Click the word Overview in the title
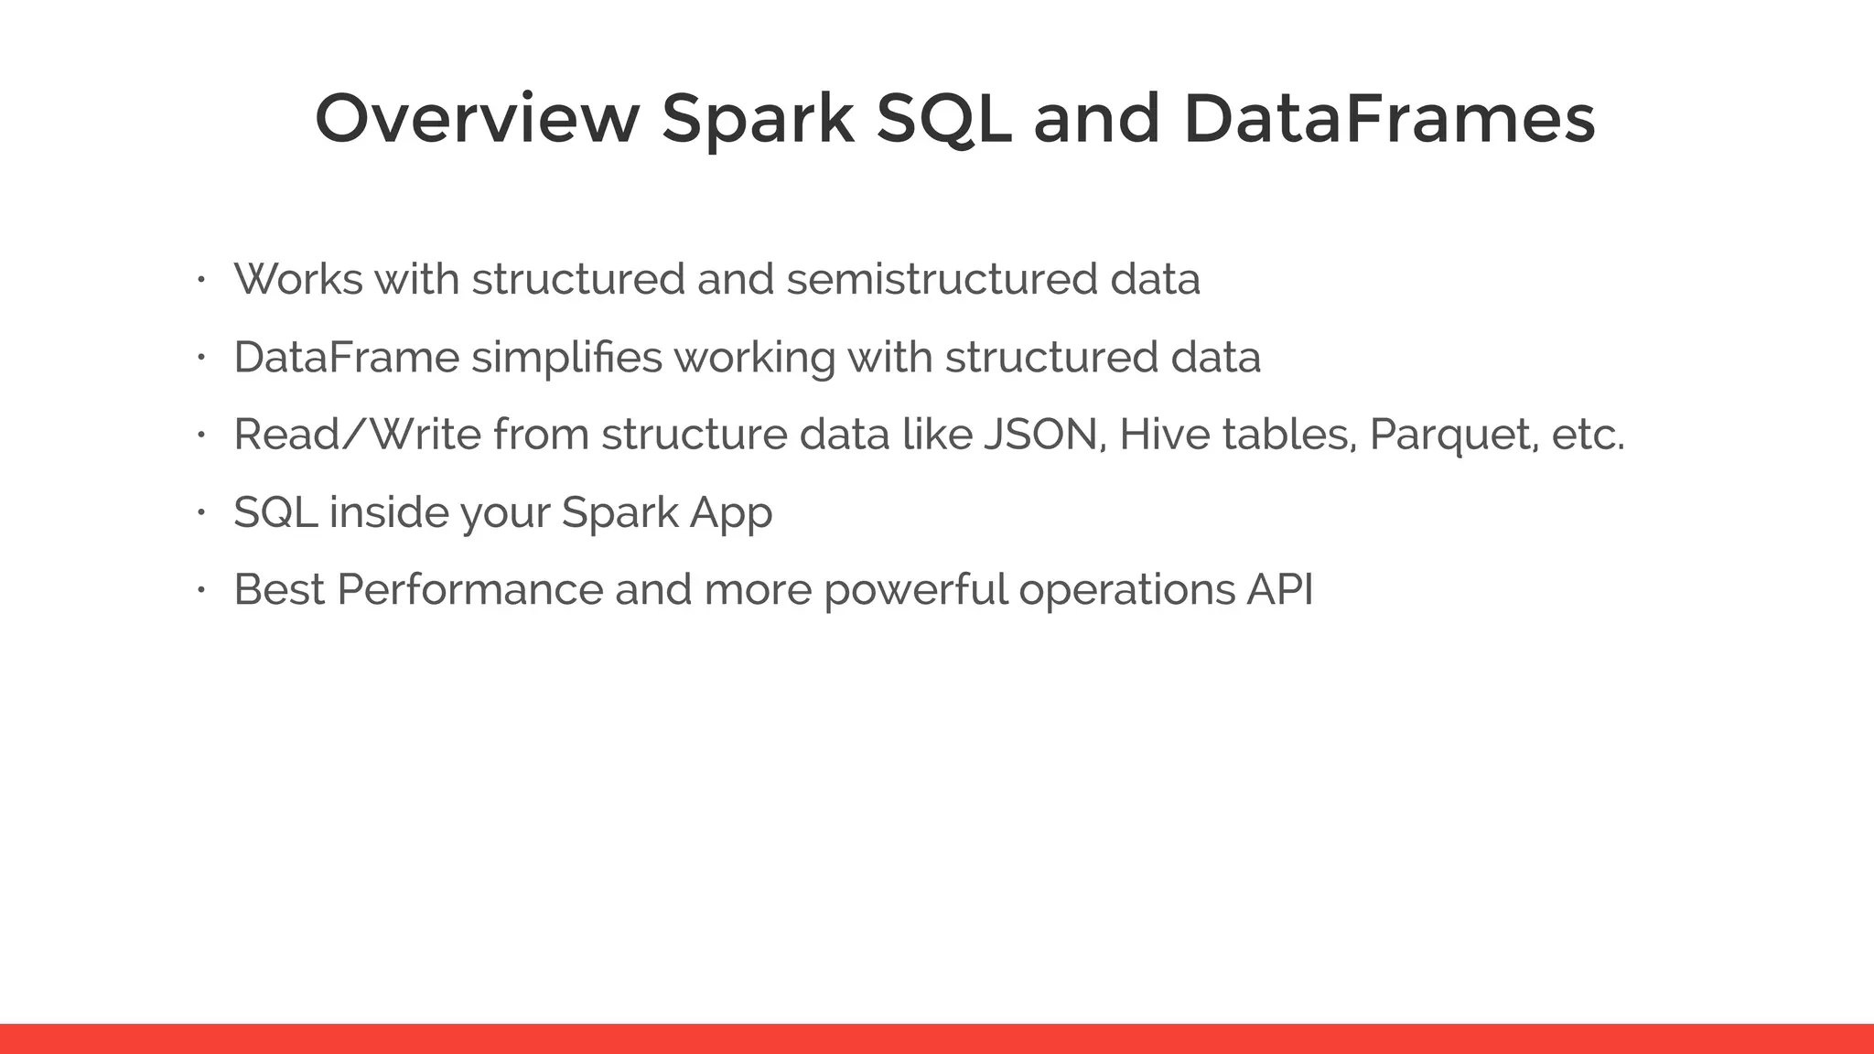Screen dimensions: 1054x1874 (476, 119)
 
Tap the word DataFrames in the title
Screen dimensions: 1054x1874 (1389, 119)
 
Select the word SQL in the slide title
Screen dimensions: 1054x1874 (943, 121)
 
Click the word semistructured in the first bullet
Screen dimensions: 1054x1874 (942, 279)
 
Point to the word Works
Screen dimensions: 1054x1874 (298, 279)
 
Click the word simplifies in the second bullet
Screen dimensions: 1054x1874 (566, 357)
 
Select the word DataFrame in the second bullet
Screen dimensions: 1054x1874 (346, 357)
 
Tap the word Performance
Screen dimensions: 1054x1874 (469, 590)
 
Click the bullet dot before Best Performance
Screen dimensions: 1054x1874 (202, 590)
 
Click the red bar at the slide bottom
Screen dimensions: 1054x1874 (937, 1038)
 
